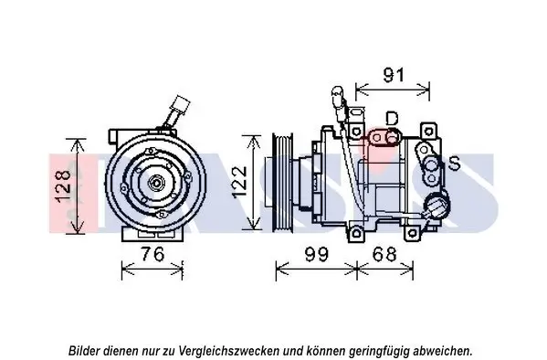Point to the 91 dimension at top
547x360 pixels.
click(x=393, y=75)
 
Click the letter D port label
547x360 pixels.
click(x=392, y=118)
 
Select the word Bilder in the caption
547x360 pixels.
click(x=86, y=350)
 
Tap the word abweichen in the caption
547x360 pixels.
click(x=443, y=350)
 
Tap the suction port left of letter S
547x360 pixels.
click(x=427, y=165)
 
